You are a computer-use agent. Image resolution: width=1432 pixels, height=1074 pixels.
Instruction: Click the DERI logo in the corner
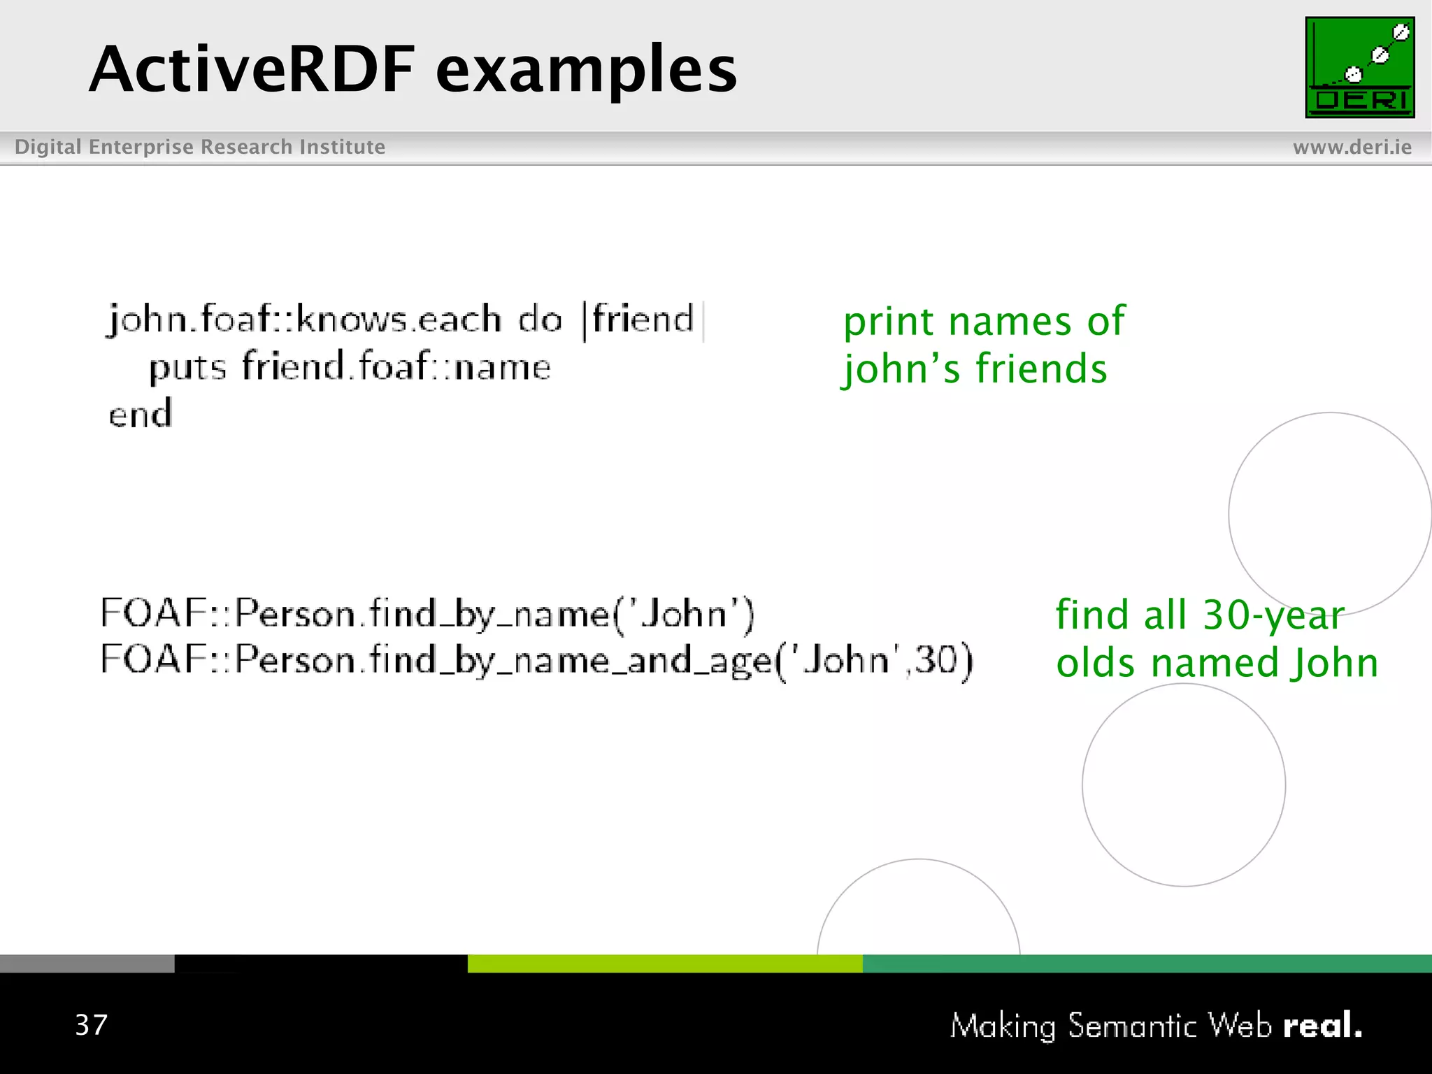(1359, 67)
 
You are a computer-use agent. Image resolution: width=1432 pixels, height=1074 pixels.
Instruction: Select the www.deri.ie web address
(1352, 147)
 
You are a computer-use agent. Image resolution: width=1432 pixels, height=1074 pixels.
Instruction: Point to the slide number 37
(92, 1025)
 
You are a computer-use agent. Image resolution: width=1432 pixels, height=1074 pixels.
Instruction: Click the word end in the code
(140, 414)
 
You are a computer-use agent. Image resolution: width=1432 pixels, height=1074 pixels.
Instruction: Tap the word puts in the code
(187, 368)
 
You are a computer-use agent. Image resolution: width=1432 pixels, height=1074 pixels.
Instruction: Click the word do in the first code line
(539, 320)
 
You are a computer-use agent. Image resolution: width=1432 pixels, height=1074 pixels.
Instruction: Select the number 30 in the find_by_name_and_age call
(935, 659)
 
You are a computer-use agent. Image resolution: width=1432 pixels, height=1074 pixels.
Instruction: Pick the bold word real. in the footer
(1322, 1026)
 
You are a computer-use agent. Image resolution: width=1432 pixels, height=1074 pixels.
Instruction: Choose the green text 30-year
(1273, 616)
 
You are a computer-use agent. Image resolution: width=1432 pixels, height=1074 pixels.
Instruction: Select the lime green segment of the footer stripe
(664, 963)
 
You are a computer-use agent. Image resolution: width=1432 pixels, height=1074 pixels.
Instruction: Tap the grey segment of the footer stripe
(87, 963)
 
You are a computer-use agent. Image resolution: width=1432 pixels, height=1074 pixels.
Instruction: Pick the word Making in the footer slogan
(1003, 1026)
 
